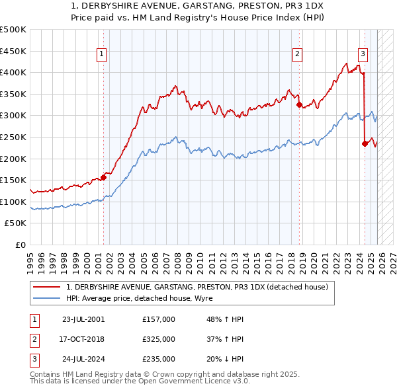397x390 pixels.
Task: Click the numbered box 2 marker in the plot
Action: pos(298,55)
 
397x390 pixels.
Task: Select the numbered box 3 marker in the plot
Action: pos(363,55)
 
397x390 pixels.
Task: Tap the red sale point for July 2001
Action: pos(103,176)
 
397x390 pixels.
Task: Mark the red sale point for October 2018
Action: pos(299,104)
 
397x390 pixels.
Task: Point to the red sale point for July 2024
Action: pos(365,143)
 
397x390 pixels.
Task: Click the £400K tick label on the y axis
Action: pos(14,73)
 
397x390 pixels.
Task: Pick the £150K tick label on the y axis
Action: pos(14,180)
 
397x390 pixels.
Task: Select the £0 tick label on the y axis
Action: pos(20,245)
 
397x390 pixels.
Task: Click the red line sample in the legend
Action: pos(47,287)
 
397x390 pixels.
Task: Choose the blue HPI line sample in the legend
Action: pos(47,298)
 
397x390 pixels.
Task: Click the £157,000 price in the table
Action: pos(159,319)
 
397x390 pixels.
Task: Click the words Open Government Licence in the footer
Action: pos(198,381)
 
